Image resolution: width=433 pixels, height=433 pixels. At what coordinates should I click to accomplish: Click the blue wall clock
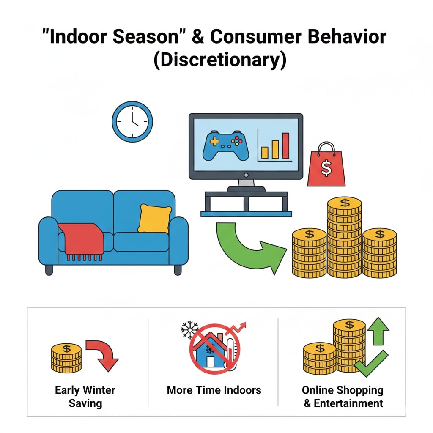pos(132,122)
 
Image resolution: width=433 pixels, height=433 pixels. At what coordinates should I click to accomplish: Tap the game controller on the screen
pos(226,145)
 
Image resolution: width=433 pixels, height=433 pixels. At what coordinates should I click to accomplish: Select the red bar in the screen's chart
pos(285,145)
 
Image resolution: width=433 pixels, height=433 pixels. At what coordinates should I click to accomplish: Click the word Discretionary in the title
pos(220,60)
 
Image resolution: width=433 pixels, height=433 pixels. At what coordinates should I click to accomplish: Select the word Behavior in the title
pos(347,36)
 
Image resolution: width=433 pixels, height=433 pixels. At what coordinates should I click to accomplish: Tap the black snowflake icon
pos(189,330)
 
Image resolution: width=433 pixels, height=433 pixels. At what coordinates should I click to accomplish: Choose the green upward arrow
pos(378,331)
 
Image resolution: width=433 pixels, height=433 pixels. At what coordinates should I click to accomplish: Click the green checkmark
pos(372,363)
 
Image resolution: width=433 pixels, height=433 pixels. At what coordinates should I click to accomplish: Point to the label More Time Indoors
pos(214,390)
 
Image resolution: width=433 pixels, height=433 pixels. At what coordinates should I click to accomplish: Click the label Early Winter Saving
pos(85,397)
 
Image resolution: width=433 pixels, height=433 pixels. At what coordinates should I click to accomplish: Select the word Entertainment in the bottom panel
pos(348,403)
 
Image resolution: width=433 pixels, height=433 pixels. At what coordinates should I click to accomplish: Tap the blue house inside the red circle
pos(211,350)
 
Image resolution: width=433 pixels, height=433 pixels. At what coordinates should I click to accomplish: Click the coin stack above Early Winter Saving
pos(66,358)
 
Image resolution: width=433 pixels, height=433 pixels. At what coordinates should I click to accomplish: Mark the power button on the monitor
pos(246,175)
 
